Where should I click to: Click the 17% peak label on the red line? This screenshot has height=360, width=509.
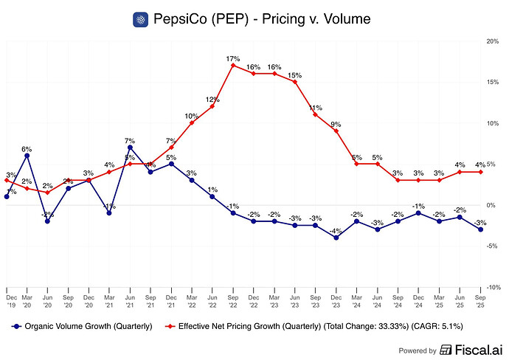pos(232,58)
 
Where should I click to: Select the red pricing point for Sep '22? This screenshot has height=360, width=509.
pos(233,65)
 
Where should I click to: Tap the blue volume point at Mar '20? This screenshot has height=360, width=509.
pos(27,155)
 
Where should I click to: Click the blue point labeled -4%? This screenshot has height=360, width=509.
pos(336,238)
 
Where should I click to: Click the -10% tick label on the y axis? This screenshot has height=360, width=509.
pos(494,288)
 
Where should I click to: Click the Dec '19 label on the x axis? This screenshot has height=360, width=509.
pos(7,299)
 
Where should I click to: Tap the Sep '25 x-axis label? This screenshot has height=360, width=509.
pos(481,299)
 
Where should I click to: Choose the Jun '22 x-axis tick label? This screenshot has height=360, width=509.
pos(212,299)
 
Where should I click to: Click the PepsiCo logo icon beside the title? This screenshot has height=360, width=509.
pos(141,19)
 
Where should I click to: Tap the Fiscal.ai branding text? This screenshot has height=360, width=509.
pos(473,350)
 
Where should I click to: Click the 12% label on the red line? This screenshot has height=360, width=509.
pos(212,100)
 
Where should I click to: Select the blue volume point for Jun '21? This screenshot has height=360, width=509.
pos(130,147)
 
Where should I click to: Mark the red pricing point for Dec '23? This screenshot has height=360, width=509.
pos(336,131)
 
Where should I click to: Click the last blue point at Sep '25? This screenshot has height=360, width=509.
pos(481,229)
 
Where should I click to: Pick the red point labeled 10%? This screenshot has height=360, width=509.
pos(192,122)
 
